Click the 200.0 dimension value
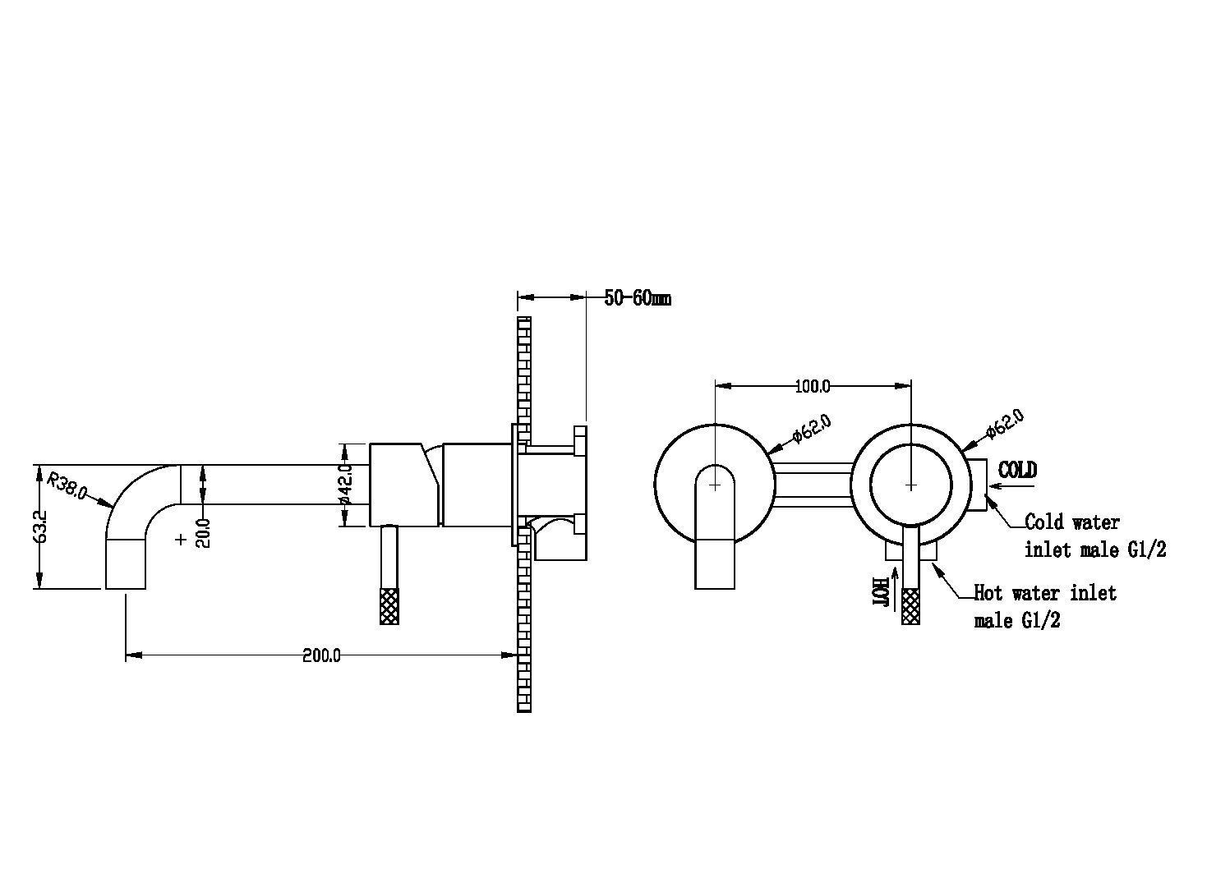[x=321, y=655]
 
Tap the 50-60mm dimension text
[x=638, y=298]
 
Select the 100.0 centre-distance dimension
[x=813, y=385]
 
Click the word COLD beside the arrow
[x=1017, y=470]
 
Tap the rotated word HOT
[x=879, y=591]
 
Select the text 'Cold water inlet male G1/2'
[x=1094, y=536]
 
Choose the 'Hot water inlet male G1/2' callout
[x=1044, y=605]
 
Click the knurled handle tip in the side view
[x=389, y=606]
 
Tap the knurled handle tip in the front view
[x=910, y=606]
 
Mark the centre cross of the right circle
[x=910, y=485]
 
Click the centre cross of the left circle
[x=716, y=485]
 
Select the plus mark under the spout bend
[x=181, y=539]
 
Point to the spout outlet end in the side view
[x=126, y=575]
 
